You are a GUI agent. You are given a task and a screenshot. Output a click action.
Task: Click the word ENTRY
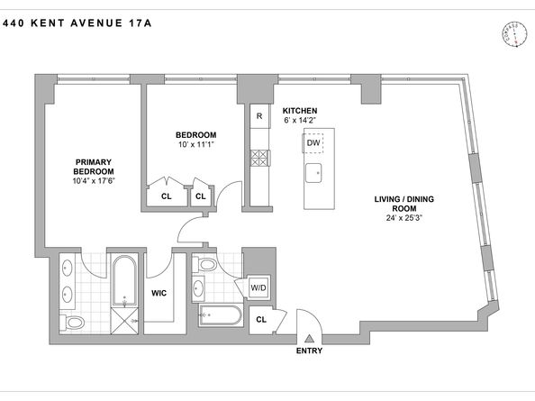click(309, 352)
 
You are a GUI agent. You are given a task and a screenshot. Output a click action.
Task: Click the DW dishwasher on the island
click(313, 142)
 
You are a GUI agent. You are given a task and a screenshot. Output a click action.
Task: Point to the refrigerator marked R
click(259, 115)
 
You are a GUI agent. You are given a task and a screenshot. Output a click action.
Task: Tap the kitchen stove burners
click(258, 159)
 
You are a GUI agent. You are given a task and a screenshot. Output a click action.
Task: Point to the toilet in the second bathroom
click(206, 266)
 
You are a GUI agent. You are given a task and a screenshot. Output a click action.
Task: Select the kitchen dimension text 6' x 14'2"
click(303, 123)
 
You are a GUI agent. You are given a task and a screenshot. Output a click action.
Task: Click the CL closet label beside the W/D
click(261, 318)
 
